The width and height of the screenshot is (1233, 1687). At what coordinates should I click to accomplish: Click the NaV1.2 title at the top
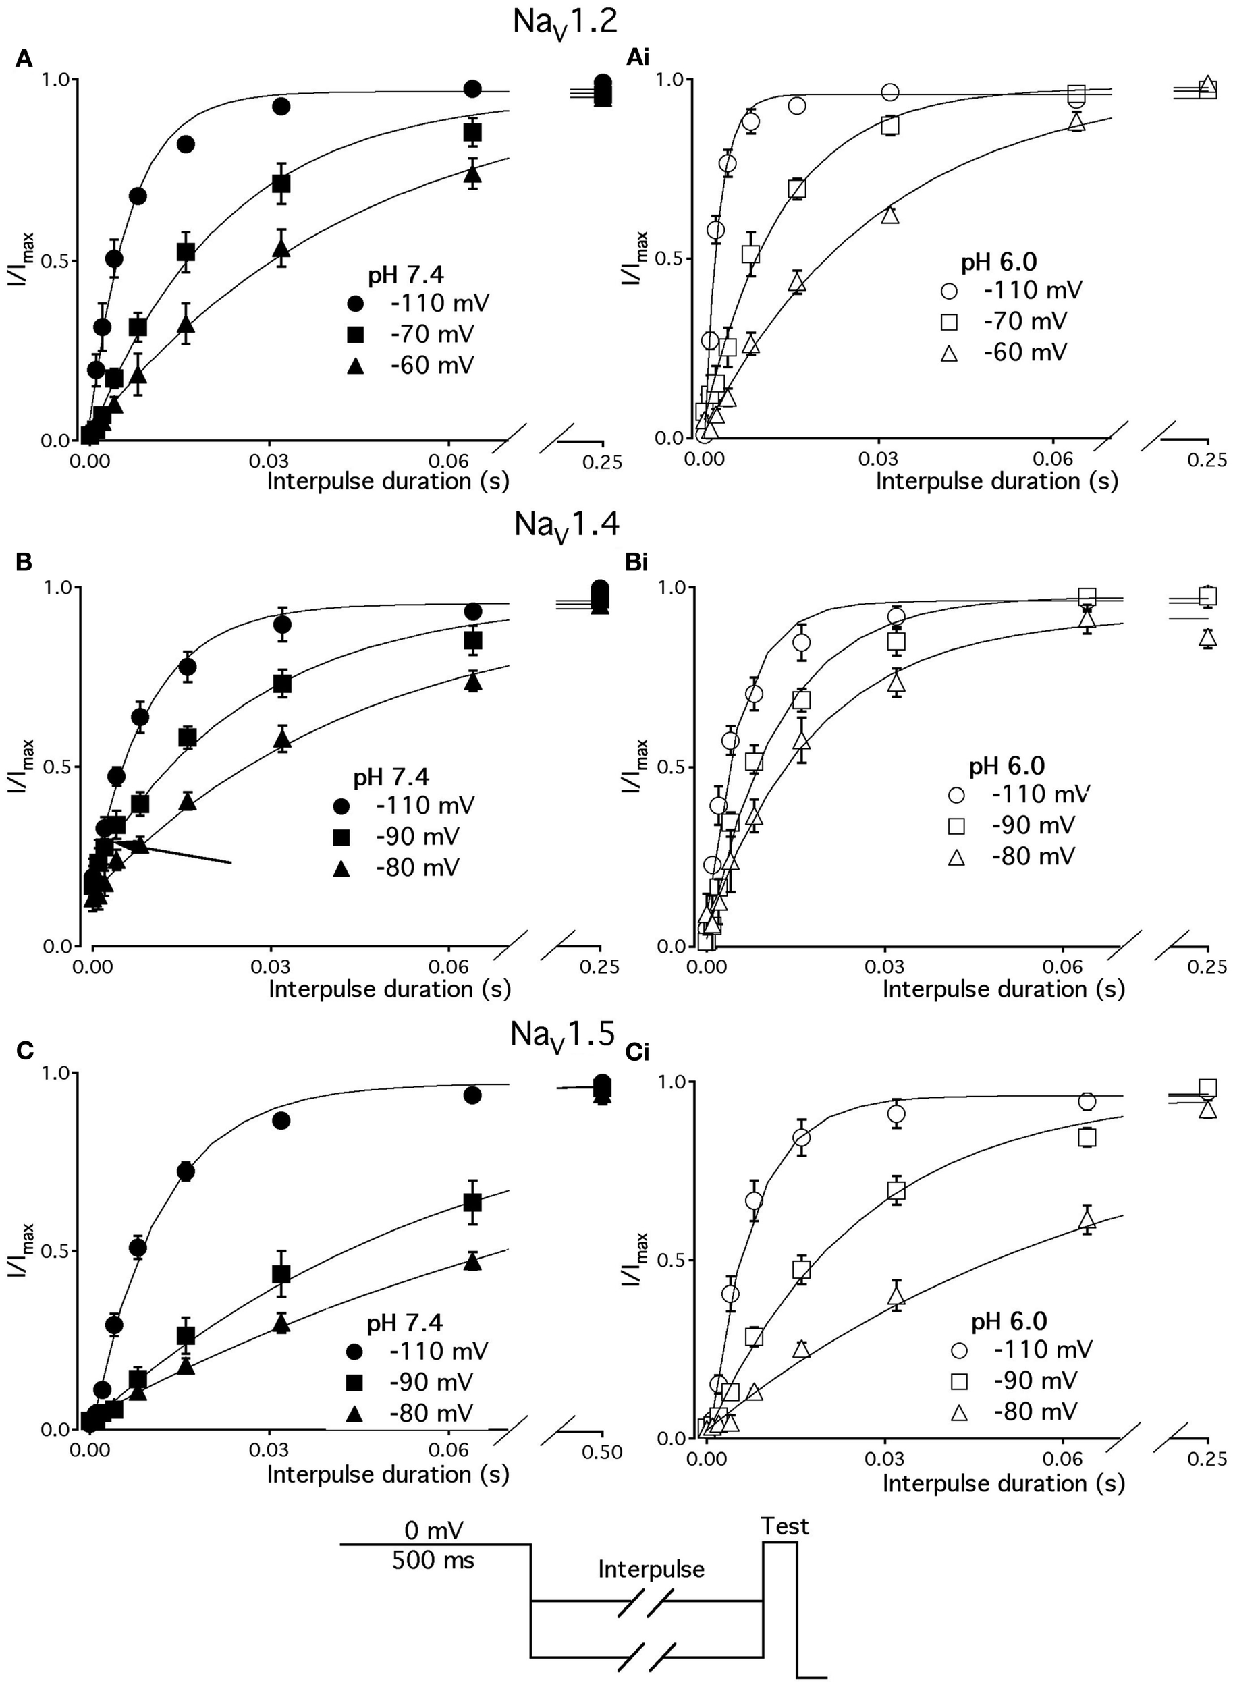point(565,22)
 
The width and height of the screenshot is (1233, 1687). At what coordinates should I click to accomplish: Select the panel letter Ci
point(636,1053)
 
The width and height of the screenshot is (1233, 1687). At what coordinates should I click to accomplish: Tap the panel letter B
point(24,562)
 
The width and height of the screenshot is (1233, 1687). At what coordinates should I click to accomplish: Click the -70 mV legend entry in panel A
point(414,334)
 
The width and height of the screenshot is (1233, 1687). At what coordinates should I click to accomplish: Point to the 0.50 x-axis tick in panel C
point(601,1452)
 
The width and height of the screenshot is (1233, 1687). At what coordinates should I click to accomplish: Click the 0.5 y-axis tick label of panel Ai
point(670,260)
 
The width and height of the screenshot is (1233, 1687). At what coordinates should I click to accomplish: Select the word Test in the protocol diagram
point(784,1526)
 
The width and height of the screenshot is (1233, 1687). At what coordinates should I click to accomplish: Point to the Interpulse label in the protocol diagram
point(651,1570)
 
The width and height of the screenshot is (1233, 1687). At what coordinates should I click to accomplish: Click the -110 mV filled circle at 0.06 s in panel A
point(472,90)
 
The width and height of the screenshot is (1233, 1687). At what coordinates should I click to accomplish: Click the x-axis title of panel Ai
point(996,481)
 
